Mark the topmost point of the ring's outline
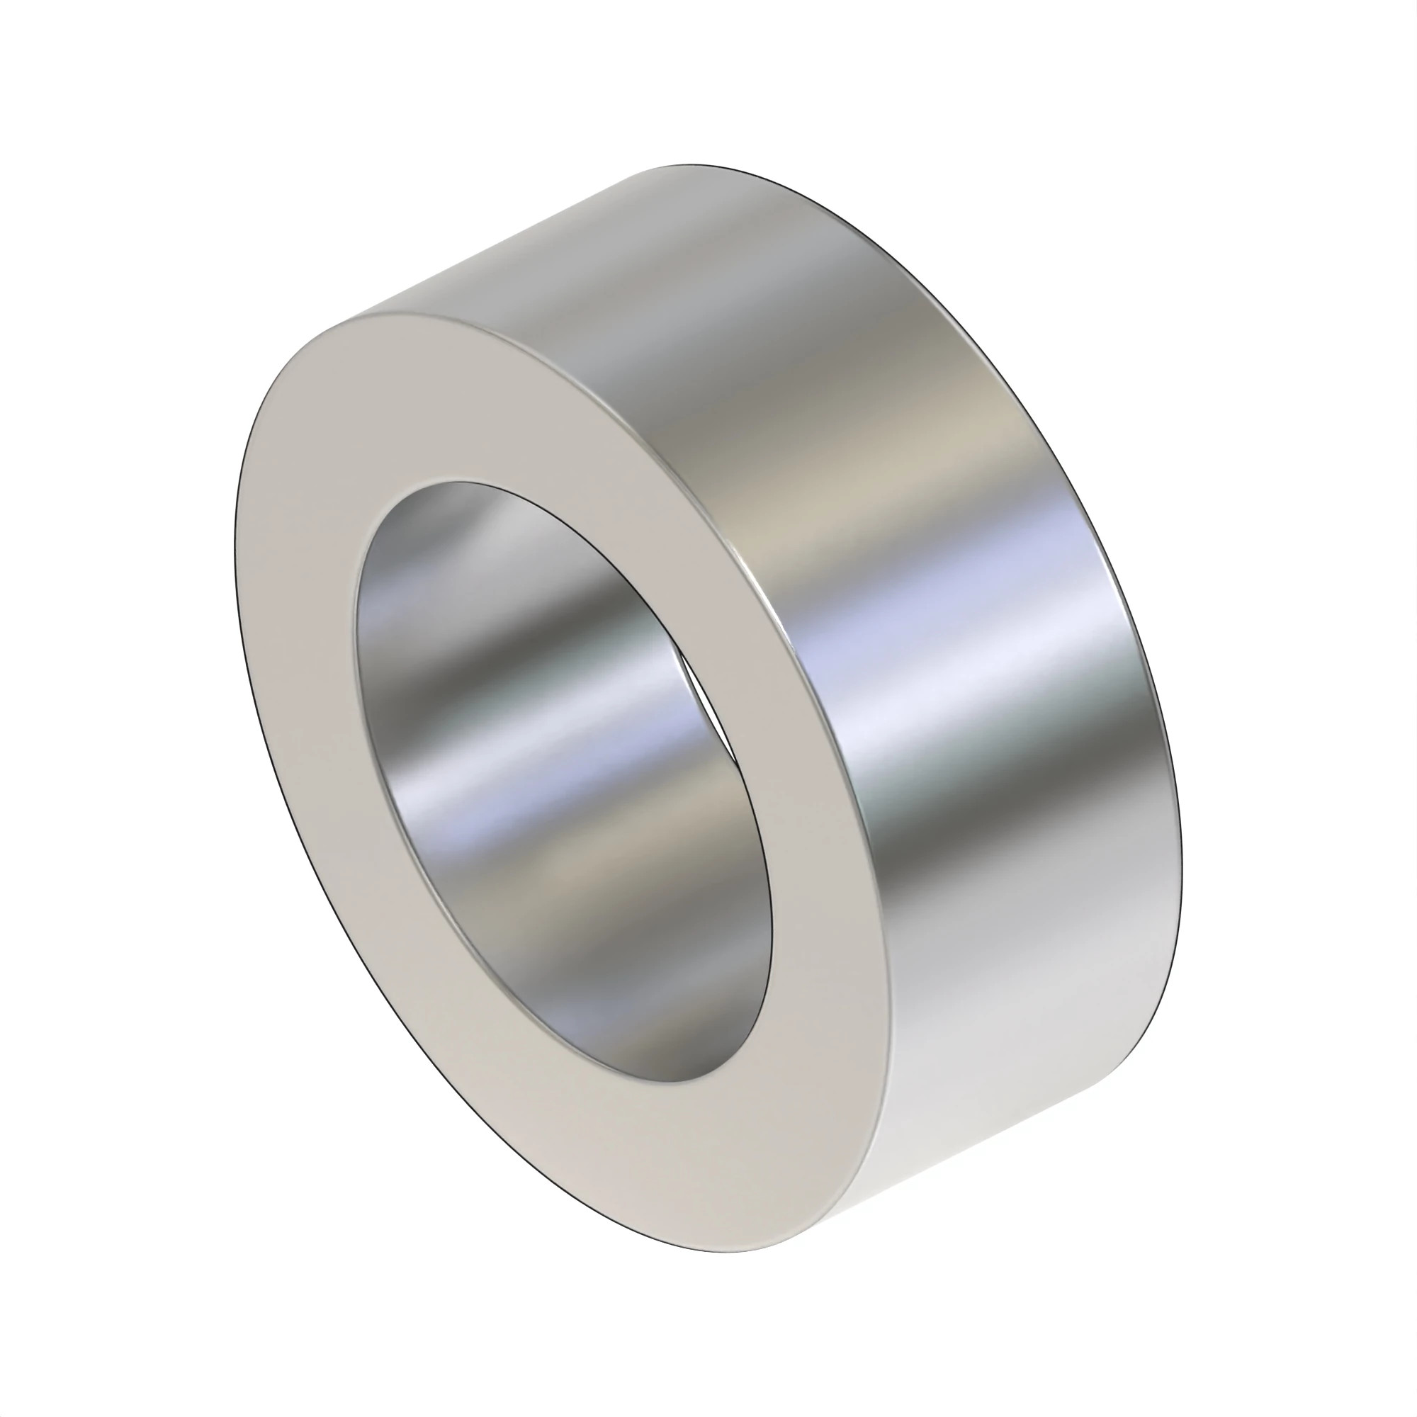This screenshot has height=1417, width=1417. click(689, 164)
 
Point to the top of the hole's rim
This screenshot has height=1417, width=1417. click(455, 482)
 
